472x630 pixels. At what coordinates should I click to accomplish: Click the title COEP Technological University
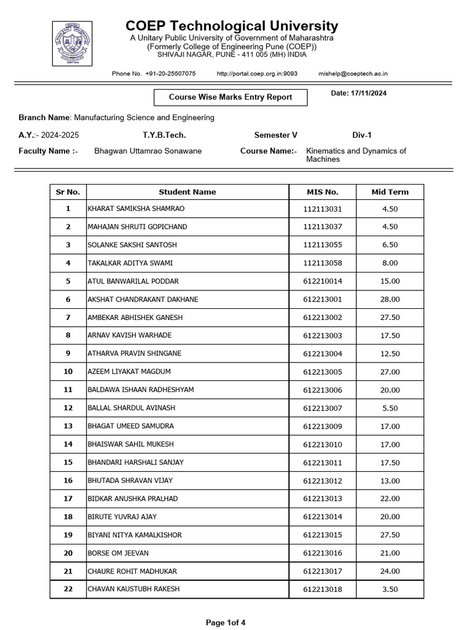(232, 26)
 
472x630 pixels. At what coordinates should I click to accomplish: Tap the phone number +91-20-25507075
(170, 74)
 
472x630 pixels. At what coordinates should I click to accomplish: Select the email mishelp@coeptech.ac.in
(353, 74)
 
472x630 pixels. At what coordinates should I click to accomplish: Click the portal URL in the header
(257, 74)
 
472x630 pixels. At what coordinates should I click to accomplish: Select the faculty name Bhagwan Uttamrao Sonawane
(147, 151)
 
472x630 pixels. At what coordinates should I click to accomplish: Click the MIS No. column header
(323, 192)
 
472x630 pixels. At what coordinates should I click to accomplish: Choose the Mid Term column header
(390, 192)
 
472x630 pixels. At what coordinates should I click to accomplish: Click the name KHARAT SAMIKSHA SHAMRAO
(136, 209)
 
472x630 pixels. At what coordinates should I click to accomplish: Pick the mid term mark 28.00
(390, 300)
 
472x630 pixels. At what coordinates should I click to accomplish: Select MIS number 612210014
(323, 281)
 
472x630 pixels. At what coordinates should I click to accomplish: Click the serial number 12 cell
(68, 408)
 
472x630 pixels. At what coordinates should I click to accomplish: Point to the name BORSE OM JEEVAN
(118, 553)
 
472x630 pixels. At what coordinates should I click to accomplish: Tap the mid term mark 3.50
(390, 589)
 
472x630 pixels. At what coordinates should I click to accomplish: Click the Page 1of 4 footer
(226, 623)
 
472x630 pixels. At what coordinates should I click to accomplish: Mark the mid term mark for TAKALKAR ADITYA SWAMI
(390, 263)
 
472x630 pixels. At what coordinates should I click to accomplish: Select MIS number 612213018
(323, 589)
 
